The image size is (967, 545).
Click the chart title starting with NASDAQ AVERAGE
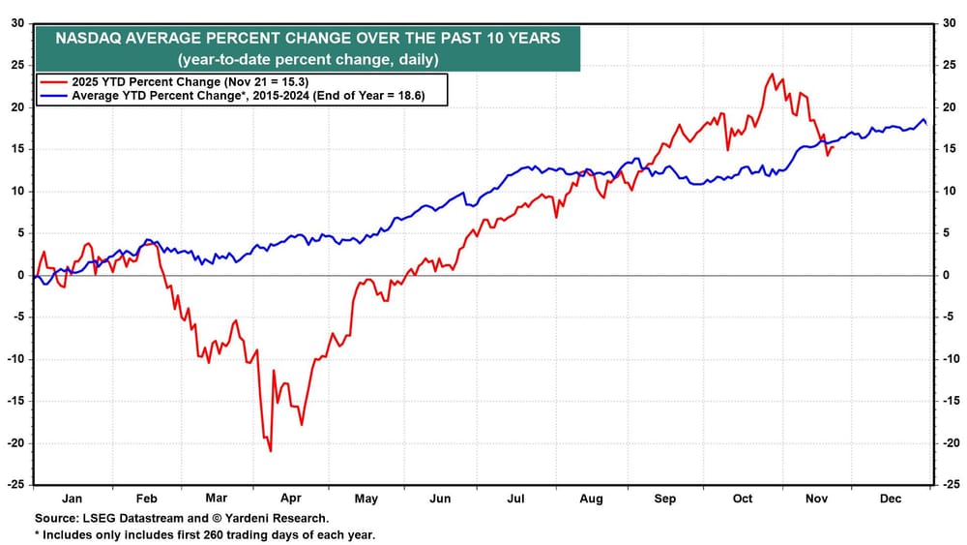click(308, 40)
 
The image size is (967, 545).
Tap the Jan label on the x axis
click(73, 499)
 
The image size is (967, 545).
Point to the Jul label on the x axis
click(515, 499)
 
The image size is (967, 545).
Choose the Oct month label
click(742, 499)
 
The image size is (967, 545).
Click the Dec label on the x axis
click(892, 499)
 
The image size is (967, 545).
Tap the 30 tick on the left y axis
click(18, 23)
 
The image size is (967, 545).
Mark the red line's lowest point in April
click(270, 451)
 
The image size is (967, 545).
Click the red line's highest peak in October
click(772, 74)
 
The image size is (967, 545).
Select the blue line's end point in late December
click(927, 125)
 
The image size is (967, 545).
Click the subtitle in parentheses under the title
click(308, 60)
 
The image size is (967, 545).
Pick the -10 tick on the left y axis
click(16, 359)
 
